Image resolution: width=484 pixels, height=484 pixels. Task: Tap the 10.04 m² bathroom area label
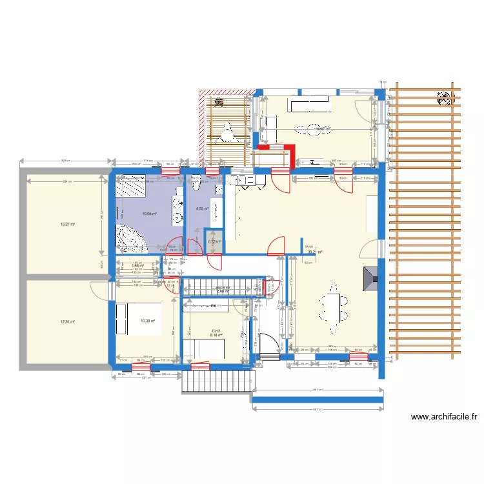click(149, 214)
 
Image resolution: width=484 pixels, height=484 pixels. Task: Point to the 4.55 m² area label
click(202, 209)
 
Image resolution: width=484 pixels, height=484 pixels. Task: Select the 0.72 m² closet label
click(214, 242)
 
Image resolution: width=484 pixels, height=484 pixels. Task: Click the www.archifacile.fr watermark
click(443, 418)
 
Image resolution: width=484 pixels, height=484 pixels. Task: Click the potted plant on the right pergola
click(444, 98)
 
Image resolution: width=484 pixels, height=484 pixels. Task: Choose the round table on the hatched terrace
click(227, 133)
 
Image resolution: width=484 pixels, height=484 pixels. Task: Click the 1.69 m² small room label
click(136, 265)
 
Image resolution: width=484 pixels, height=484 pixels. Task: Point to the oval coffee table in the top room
click(315, 128)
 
